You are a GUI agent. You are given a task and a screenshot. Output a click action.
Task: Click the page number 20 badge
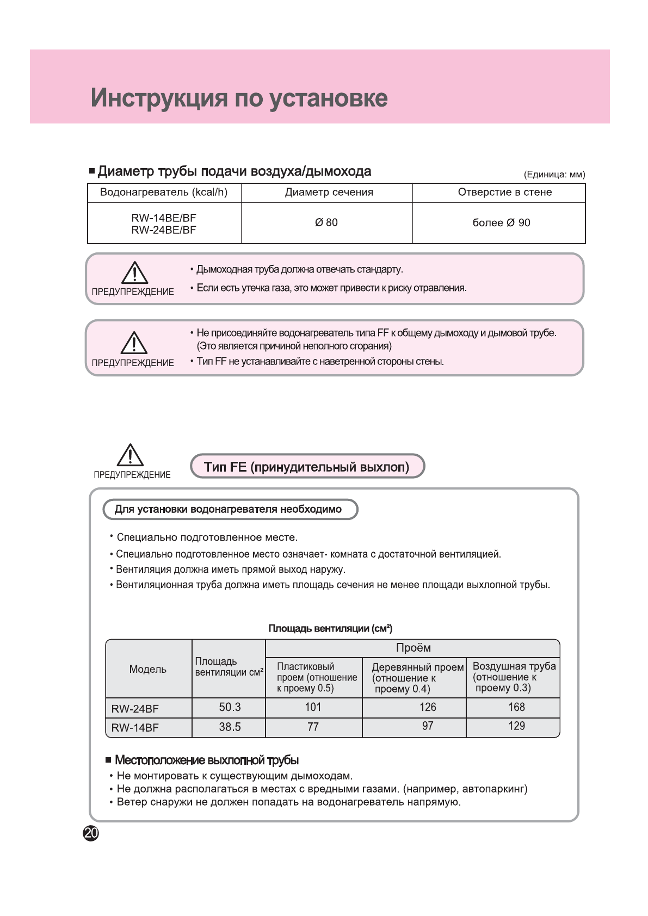[91, 833]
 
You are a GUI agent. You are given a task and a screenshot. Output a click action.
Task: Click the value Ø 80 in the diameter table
[326, 222]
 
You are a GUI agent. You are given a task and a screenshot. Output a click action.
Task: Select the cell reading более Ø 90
[501, 222]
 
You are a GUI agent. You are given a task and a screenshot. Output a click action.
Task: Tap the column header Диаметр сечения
[329, 192]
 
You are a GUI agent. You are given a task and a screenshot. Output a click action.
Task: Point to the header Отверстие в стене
[505, 192]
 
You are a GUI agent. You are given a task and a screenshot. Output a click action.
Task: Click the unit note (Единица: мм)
[554, 175]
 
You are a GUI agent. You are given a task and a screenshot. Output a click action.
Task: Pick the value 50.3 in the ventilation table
[230, 707]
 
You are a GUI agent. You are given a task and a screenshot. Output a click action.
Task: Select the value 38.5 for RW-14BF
[230, 727]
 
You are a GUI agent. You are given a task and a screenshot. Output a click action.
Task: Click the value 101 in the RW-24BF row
[313, 707]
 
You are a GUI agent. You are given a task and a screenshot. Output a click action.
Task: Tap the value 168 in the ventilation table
[516, 707]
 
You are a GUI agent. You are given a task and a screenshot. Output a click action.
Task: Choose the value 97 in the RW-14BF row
[428, 726]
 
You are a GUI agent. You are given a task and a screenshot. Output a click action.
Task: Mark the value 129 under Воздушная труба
[516, 726]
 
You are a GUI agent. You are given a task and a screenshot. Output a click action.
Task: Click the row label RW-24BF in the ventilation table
[135, 709]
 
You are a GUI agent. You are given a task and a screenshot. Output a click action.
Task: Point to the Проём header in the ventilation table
[414, 648]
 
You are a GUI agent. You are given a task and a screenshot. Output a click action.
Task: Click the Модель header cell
[148, 669]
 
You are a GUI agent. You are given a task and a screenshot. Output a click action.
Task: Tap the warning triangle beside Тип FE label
[131, 455]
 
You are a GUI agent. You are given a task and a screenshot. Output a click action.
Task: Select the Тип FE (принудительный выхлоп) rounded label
[307, 467]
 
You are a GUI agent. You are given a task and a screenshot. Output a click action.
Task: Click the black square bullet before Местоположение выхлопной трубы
[109, 760]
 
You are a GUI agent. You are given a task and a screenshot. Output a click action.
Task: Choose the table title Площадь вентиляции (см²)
[330, 629]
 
